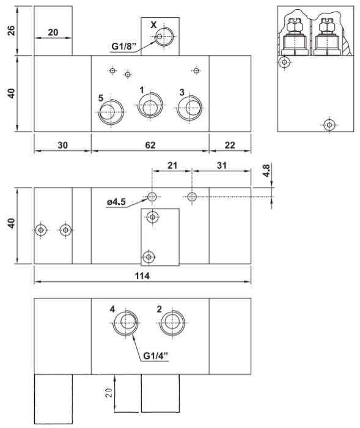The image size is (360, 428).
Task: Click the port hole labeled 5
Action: pos(109,113)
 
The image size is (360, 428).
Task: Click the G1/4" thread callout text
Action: pos(157,355)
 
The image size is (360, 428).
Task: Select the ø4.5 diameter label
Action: pos(116,202)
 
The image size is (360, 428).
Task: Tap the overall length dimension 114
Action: pos(142,276)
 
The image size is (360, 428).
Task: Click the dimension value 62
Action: pos(150,146)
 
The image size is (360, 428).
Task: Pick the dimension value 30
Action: pos(62,146)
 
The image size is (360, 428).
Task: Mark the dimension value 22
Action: pos(230,146)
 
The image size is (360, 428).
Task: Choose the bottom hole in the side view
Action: pos(329,125)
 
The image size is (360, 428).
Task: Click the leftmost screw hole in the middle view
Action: pos(40,230)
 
